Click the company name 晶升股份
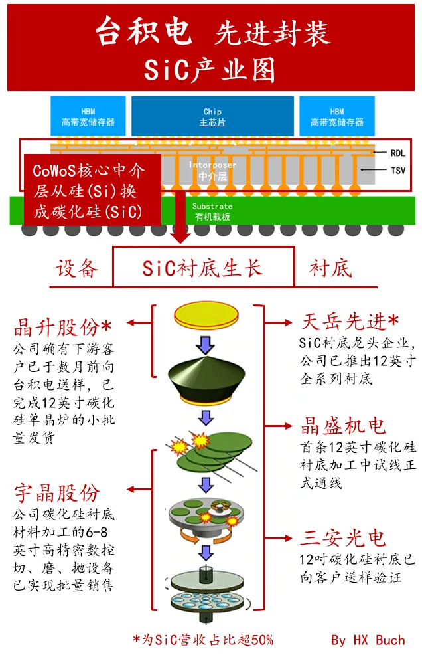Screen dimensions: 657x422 63,328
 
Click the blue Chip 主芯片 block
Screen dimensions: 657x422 212,116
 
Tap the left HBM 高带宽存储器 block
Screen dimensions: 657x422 88,116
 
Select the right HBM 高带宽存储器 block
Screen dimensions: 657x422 337,116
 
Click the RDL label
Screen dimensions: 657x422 398,153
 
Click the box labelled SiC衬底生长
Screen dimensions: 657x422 203,268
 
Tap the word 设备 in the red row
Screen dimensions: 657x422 77,268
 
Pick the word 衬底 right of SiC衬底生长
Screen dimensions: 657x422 330,268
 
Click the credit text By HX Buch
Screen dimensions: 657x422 368,640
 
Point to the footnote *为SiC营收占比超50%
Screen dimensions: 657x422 203,640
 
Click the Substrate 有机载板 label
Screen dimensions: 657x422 212,211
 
